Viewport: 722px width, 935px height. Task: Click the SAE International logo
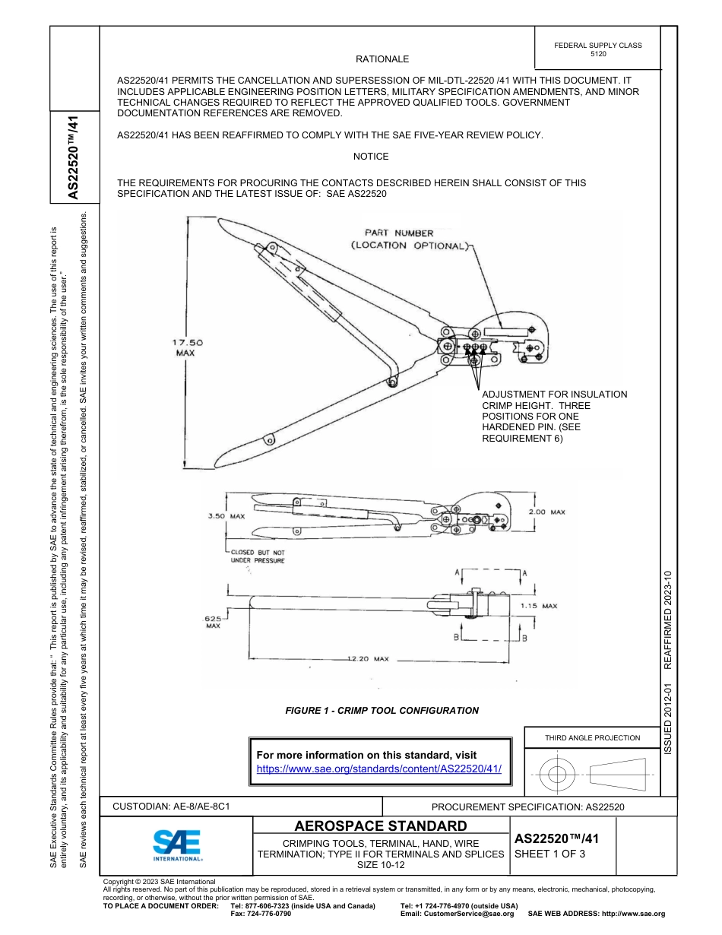[x=176, y=844]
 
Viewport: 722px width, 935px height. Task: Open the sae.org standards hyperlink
[x=379, y=769]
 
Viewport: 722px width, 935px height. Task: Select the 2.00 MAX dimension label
[x=546, y=512]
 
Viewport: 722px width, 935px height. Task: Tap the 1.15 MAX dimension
[x=539, y=606]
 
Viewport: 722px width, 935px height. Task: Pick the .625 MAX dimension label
[x=212, y=622]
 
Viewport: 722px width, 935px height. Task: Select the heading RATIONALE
[x=382, y=59]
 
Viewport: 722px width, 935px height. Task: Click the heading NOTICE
[x=371, y=157]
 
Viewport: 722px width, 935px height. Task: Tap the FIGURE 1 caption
[x=382, y=711]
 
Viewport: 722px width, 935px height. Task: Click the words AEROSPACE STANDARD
[x=381, y=826]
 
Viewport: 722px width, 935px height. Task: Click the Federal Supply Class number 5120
[x=598, y=55]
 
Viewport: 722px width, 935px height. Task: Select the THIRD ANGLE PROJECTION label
[x=592, y=737]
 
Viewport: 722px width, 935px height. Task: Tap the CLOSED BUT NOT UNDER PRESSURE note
[x=258, y=556]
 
